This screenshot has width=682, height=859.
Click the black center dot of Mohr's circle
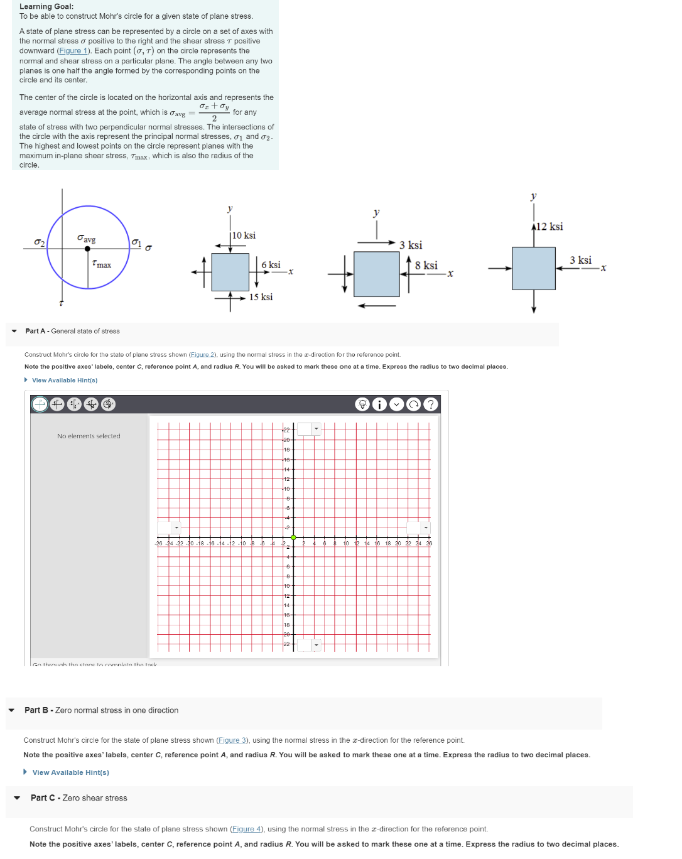(87, 249)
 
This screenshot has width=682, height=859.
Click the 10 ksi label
(244, 235)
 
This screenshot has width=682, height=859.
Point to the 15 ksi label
(261, 297)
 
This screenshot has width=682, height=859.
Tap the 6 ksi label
(271, 265)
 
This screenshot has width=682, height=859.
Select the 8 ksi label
(426, 266)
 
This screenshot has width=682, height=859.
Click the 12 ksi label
(549, 227)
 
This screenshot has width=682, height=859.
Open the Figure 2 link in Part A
(202, 355)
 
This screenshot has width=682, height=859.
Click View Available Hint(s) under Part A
(64, 381)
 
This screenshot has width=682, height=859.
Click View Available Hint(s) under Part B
(70, 772)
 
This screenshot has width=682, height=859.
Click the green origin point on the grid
(293, 538)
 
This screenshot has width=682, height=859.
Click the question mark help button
(430, 404)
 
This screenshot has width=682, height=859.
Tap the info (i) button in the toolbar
(379, 404)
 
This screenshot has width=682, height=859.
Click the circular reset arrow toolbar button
(413, 404)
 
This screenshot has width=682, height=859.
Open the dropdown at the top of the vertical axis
(316, 429)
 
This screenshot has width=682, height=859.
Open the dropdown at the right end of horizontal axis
(425, 527)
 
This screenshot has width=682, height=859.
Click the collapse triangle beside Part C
(17, 798)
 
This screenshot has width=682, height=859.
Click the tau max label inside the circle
(101, 264)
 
